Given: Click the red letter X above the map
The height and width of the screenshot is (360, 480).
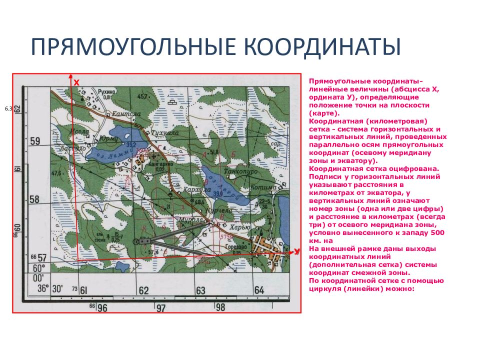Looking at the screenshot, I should [76, 81].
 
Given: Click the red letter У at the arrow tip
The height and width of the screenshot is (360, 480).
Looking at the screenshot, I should [297, 251].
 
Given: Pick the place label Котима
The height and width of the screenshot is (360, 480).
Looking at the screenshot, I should [264, 187].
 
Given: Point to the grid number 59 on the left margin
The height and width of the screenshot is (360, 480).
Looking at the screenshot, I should [35, 141].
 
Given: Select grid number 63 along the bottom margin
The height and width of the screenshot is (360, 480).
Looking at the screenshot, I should [200, 290].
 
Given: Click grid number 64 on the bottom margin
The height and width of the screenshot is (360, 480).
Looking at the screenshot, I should [258, 290].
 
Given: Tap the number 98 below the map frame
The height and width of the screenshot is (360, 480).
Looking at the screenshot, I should [220, 307].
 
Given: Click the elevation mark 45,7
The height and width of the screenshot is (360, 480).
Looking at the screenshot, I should [143, 96].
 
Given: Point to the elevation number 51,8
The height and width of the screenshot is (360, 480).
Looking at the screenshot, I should [214, 152].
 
